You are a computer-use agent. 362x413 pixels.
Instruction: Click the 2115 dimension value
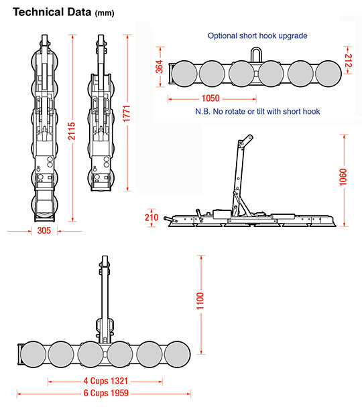[72, 131]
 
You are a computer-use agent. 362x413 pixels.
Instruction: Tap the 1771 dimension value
[127, 114]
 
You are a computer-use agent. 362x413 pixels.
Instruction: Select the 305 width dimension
[44, 230]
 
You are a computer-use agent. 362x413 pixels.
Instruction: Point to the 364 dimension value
[160, 67]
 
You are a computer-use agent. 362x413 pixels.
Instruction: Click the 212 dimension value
[349, 60]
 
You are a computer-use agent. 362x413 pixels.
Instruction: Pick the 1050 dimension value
[210, 98]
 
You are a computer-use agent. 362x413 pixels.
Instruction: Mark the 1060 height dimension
[343, 177]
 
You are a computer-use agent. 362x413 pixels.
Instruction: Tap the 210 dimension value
[152, 218]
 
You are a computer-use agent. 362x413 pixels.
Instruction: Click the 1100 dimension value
[200, 301]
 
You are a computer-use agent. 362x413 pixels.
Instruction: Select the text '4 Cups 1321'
[106, 381]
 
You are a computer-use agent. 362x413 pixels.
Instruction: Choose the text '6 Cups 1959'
[106, 393]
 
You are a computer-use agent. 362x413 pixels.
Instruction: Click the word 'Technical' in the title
[38, 12]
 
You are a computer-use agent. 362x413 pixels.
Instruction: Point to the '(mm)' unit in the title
[105, 13]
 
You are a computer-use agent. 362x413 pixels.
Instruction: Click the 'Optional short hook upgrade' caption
[257, 36]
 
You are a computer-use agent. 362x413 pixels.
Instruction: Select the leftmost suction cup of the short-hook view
[184, 74]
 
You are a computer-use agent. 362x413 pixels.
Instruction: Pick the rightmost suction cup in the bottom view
[177, 354]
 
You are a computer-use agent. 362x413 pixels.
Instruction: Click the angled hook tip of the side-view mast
[249, 138]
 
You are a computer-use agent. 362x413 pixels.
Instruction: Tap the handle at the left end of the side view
[170, 220]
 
